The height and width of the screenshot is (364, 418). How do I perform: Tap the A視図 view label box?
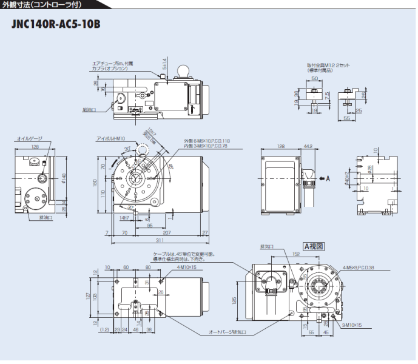point(314,246)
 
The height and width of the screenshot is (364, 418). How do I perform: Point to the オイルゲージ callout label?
point(29,139)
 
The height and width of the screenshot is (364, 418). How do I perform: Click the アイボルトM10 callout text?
point(111,139)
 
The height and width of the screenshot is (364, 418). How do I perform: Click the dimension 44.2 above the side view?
point(308,147)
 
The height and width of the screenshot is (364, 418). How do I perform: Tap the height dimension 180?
point(95,181)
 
